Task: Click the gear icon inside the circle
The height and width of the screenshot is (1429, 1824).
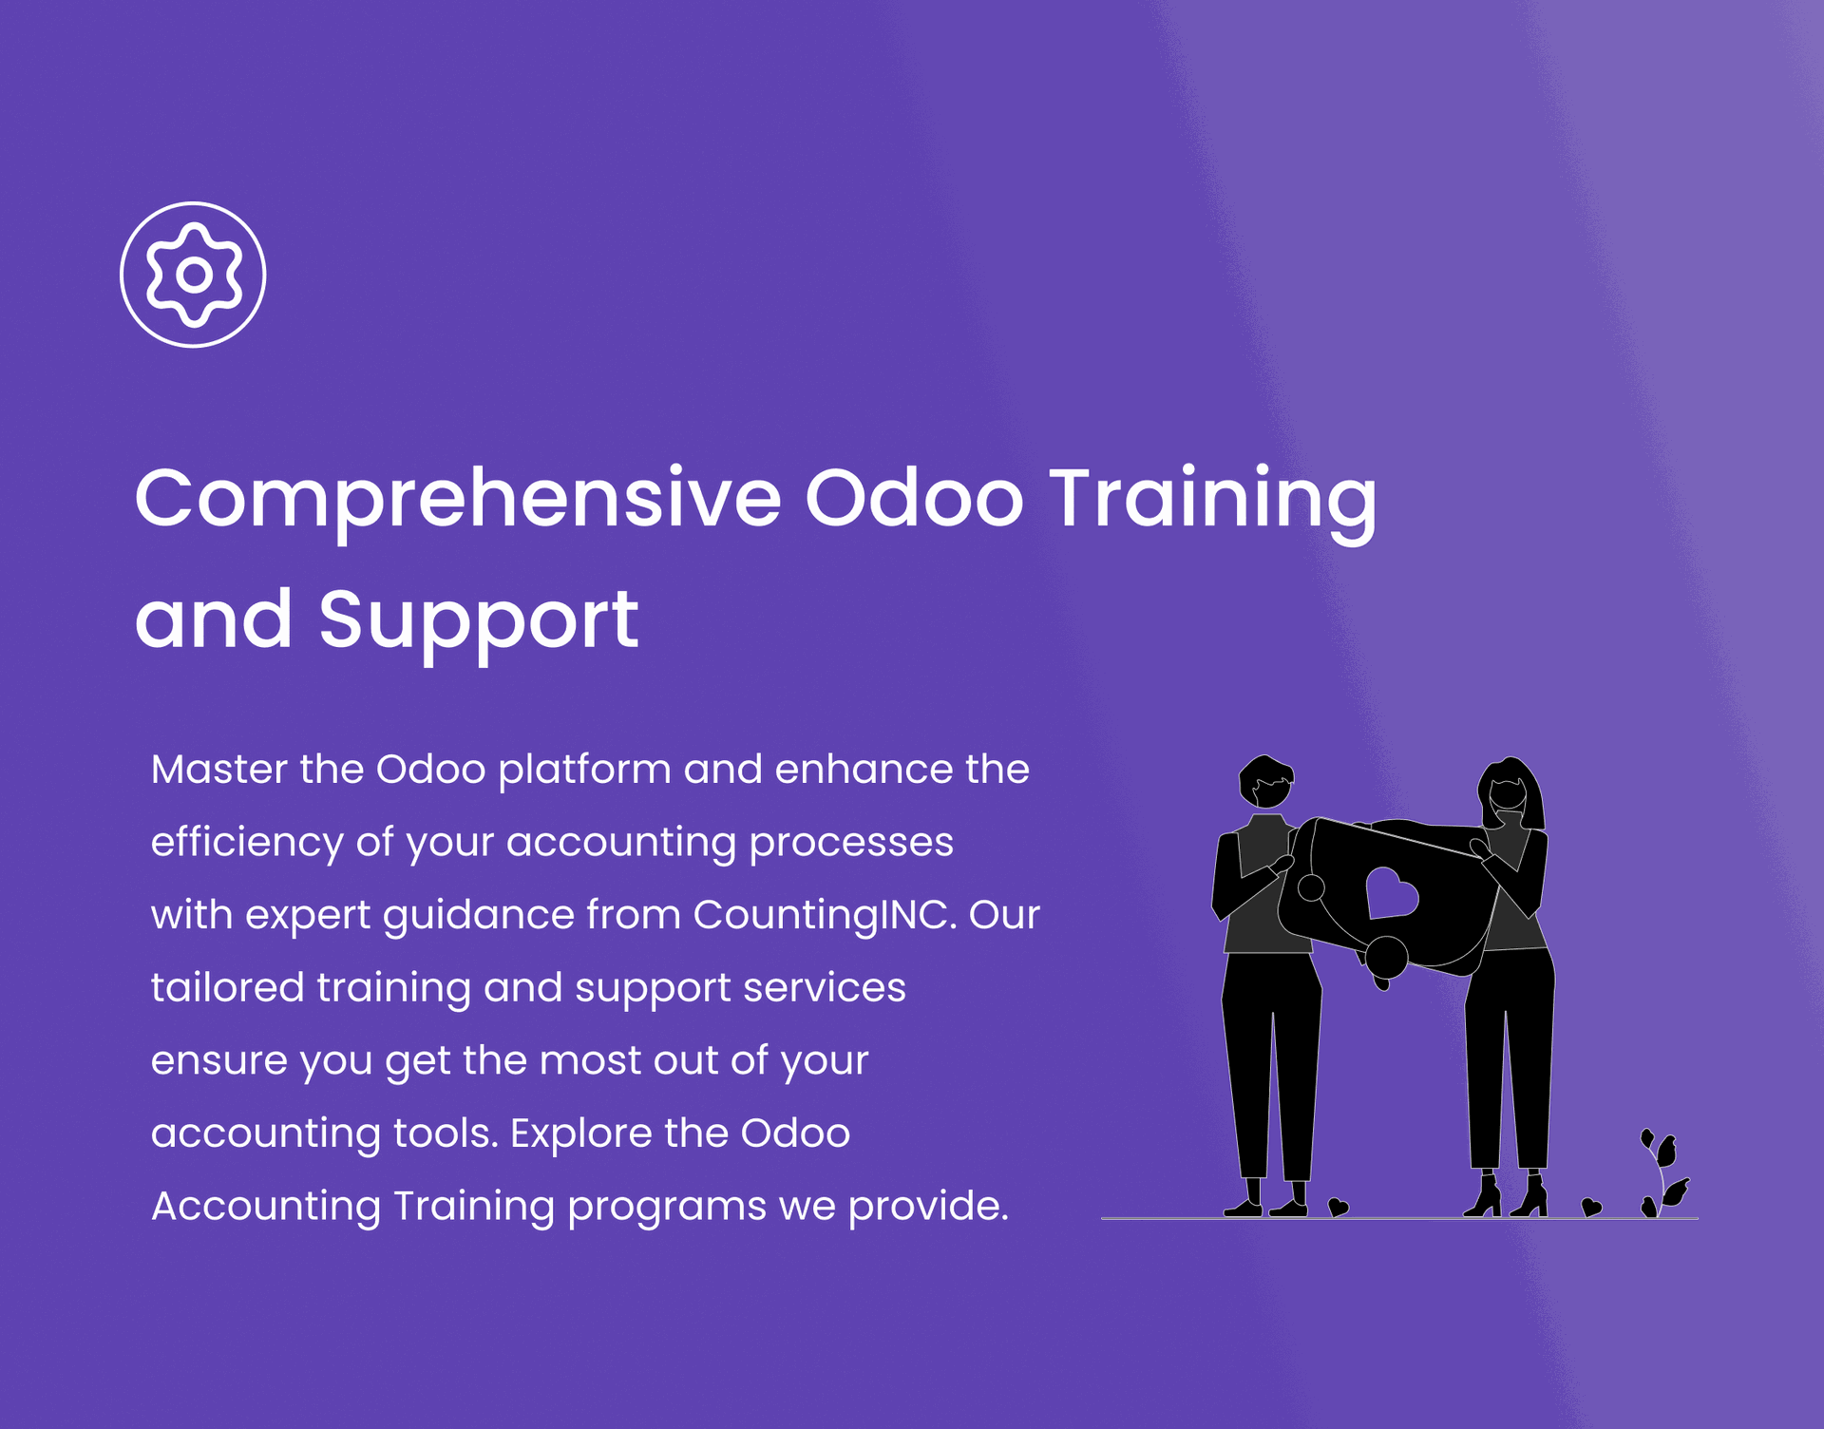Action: [194, 275]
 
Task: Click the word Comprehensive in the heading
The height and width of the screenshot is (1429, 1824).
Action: [458, 500]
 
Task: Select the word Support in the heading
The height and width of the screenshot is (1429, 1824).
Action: [478, 621]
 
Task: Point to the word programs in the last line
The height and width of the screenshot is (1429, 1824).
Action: [667, 1208]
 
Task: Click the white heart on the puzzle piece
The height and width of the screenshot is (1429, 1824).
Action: [1391, 893]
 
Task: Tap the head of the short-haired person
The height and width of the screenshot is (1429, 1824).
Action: [1265, 782]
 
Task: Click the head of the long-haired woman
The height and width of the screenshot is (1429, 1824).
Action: [1510, 794]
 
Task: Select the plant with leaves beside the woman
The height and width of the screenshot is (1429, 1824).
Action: [1664, 1174]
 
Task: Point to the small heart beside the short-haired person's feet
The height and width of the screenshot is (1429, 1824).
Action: [1338, 1207]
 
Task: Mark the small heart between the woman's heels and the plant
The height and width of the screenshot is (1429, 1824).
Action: [1591, 1208]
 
